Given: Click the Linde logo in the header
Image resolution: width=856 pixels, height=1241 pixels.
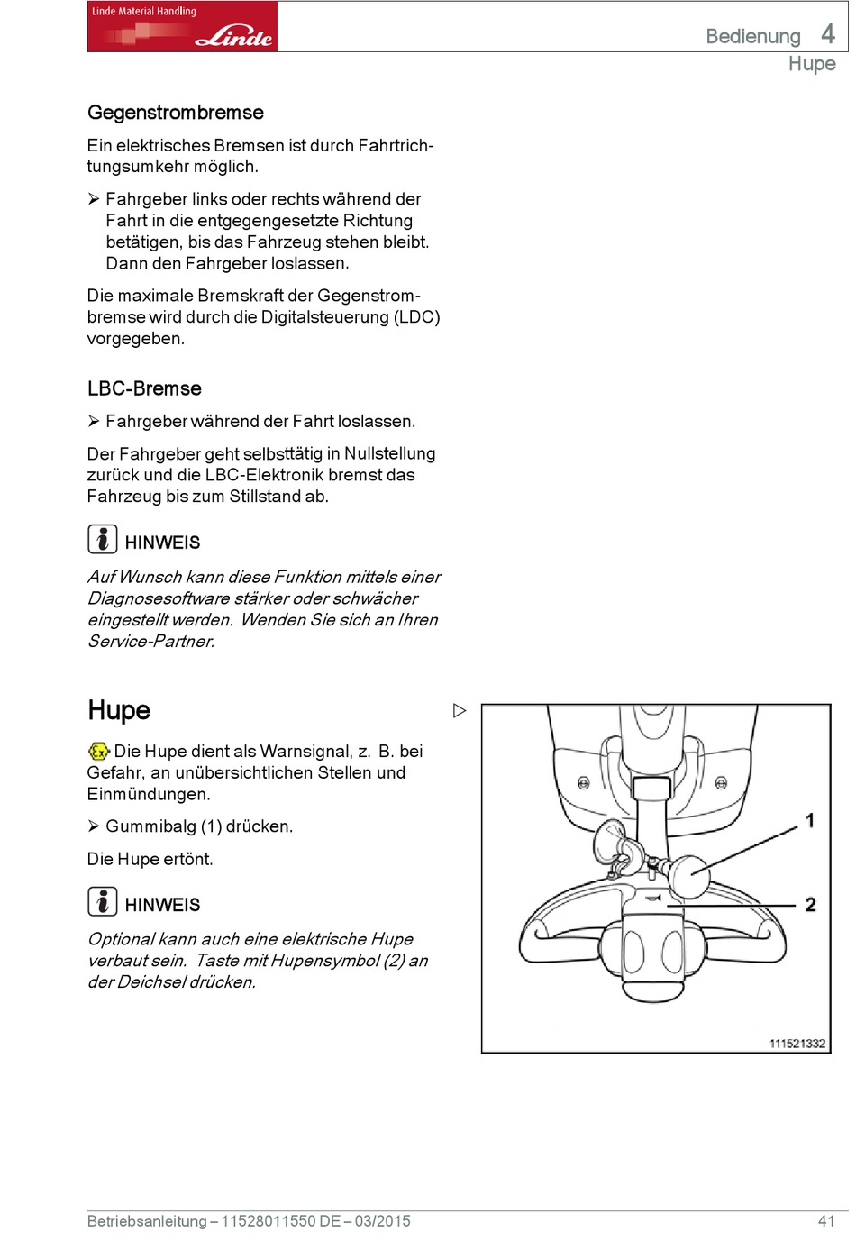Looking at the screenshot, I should tap(181, 26).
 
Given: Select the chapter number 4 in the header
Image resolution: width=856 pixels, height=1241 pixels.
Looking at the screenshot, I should tap(828, 34).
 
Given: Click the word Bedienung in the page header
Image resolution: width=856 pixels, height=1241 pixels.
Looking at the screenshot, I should tap(752, 36).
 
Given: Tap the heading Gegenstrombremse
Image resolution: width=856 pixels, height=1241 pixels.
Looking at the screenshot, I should tap(176, 113).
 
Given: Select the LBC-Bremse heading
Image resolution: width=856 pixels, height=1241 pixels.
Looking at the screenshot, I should tap(144, 388).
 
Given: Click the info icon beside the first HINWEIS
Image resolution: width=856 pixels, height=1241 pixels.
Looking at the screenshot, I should tap(103, 539).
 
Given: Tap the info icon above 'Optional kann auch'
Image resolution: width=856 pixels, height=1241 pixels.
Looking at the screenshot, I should tap(103, 901).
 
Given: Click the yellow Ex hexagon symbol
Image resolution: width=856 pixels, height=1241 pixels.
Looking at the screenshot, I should tap(99, 751).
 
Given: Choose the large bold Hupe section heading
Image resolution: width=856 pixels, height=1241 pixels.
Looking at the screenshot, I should tap(119, 710).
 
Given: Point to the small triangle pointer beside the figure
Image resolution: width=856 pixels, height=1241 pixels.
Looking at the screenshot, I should tap(460, 710).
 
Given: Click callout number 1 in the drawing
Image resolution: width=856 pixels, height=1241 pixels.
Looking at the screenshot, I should tap(810, 820).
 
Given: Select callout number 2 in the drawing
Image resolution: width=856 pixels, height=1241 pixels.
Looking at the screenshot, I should tap(810, 904).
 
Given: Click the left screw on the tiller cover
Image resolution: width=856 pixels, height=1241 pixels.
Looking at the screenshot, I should tap(583, 783).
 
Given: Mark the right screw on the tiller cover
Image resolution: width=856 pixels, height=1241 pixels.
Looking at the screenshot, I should tap(721, 783).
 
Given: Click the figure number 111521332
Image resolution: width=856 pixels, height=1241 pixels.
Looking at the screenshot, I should tap(797, 1044).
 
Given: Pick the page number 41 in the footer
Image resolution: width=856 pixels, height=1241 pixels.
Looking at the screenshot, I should tap(826, 1221).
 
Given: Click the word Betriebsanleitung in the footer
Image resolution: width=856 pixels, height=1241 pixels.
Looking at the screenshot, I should tap(147, 1221).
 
